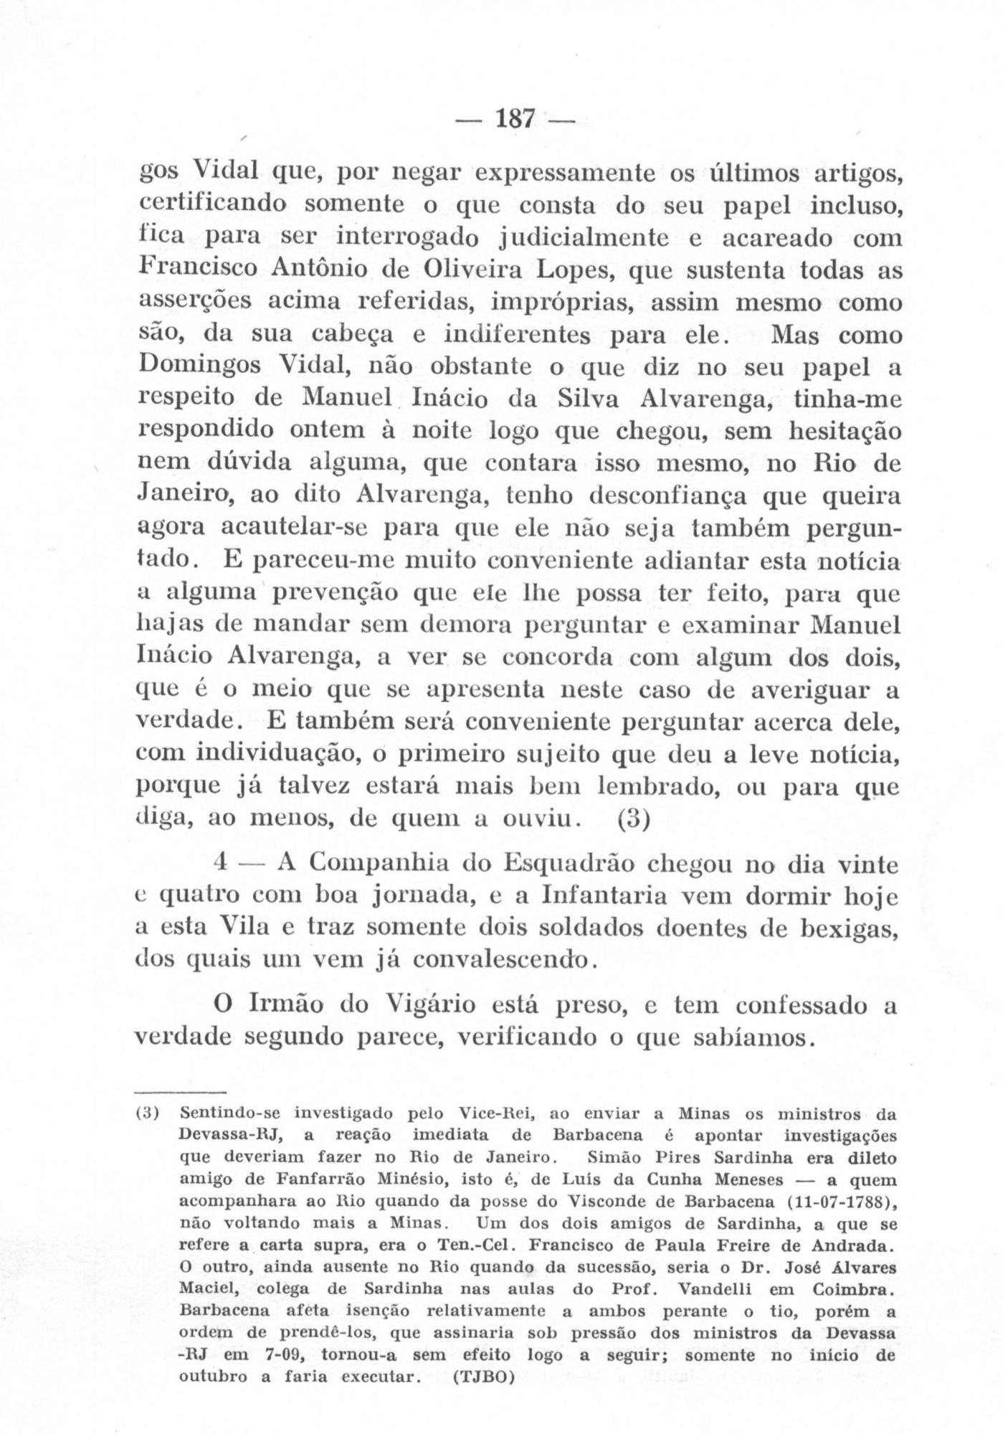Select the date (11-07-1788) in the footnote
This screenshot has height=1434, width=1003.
tap(839, 1202)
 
